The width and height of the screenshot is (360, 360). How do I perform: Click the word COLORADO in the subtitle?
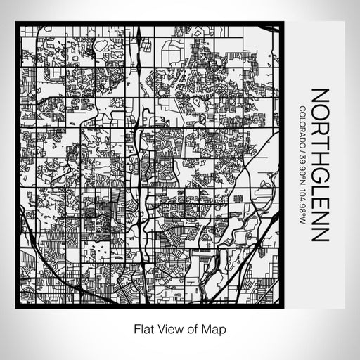coord(302,124)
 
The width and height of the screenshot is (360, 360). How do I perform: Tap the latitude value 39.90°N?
coord(302,165)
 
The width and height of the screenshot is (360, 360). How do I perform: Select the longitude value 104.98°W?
coord(302,202)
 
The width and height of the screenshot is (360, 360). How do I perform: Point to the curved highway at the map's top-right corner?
coord(271,32)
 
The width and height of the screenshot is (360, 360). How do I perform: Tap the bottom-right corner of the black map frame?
coord(282,307)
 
